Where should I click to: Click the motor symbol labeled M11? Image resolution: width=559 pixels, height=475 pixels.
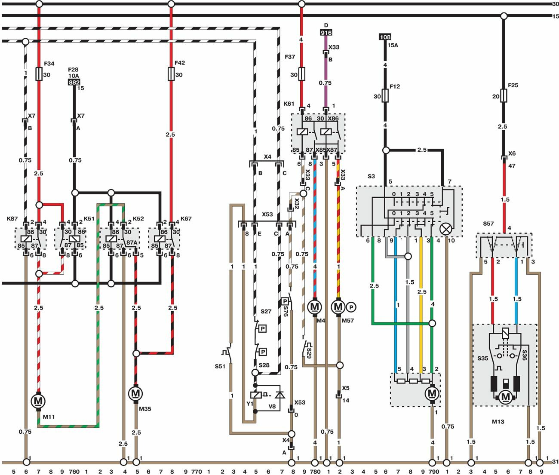38,401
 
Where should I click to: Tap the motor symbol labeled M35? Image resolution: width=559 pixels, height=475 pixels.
135,393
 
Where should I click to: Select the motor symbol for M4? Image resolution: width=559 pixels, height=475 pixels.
315,307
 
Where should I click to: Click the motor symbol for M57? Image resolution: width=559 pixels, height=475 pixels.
338,307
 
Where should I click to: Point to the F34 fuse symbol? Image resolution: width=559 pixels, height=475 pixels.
39,74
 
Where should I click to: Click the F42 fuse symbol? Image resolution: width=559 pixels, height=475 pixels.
171,74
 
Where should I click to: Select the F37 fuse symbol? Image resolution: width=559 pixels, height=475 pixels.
301,74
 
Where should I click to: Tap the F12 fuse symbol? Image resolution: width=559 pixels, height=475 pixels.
385,96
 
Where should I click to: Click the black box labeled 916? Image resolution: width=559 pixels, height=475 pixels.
326,33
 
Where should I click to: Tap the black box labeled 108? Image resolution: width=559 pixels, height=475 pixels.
385,37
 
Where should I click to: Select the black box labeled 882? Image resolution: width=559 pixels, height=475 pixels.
74,83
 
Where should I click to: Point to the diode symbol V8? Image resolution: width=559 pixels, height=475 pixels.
280,395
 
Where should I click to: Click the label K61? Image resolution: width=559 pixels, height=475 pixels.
289,104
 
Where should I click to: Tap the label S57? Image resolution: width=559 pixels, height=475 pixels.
488,224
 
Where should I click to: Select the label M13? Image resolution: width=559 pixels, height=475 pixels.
498,422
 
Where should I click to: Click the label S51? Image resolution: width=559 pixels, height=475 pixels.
220,367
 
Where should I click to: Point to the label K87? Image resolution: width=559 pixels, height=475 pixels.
12,219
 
